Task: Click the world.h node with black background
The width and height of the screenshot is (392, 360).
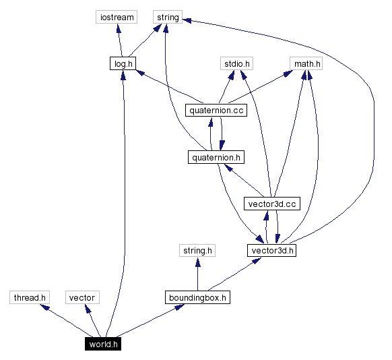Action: [103, 344]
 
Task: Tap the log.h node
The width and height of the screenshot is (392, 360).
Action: [122, 63]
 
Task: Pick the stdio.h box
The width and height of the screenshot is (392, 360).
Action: [236, 64]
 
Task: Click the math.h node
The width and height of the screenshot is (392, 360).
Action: [306, 64]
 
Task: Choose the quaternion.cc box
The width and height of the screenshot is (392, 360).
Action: [215, 110]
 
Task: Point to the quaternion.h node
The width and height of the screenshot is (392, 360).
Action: [215, 157]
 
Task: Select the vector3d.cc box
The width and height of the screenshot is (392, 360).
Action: [271, 204]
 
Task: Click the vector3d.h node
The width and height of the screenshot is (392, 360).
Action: [272, 250]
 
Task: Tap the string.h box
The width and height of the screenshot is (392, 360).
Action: [197, 251]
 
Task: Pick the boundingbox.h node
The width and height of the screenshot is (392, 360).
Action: [197, 297]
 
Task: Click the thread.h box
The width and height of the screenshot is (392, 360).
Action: [30, 297]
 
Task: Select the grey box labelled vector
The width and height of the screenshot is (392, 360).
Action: [82, 297]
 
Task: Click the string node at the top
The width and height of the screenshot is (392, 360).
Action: [167, 18]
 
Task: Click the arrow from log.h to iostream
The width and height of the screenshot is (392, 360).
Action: [119, 40]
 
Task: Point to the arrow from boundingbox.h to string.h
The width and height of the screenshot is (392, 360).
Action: [197, 274]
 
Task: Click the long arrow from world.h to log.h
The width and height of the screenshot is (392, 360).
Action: [123, 202]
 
